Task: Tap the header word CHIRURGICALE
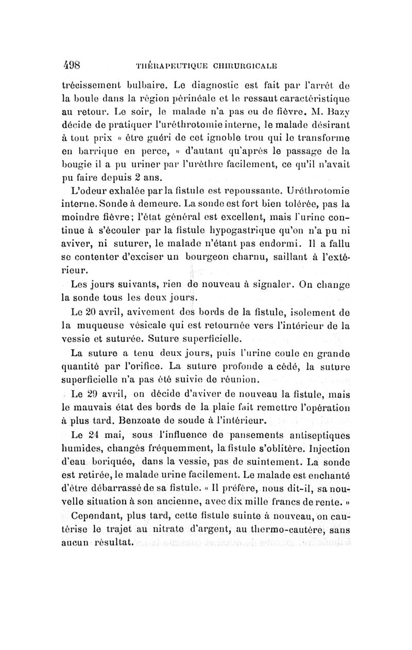pyautogui.click(x=243, y=67)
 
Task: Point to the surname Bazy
pyautogui.click(x=338, y=126)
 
